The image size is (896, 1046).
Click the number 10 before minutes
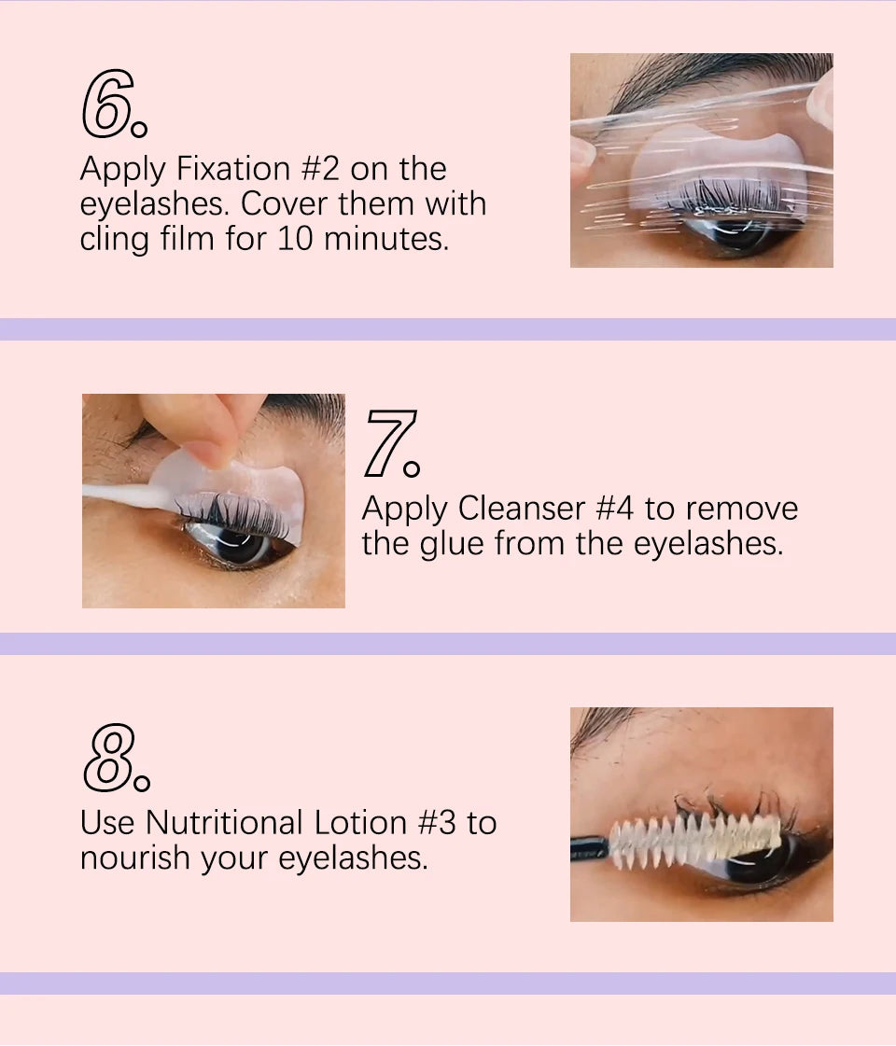click(x=295, y=239)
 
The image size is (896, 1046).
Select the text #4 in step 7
click(x=616, y=509)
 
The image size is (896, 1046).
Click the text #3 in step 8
click(x=436, y=823)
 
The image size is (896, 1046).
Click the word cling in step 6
click(x=114, y=239)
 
